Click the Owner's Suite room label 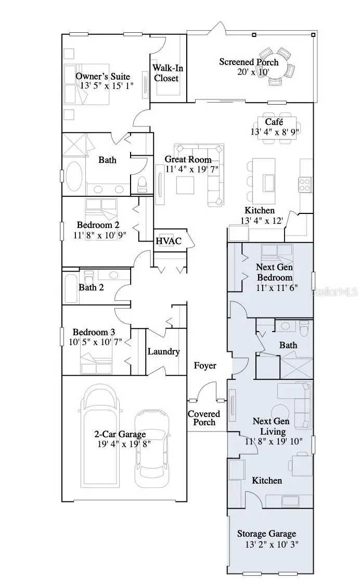click(x=102, y=77)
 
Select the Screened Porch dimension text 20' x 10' click(x=248, y=72)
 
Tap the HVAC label click(x=168, y=241)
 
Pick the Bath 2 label click(x=91, y=287)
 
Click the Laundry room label click(x=163, y=351)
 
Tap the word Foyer click(x=205, y=365)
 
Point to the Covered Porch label click(x=204, y=418)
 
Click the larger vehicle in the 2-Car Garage click(x=100, y=437)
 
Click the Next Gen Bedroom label click(x=274, y=272)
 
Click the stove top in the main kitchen click(x=304, y=183)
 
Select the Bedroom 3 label click(x=94, y=332)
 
